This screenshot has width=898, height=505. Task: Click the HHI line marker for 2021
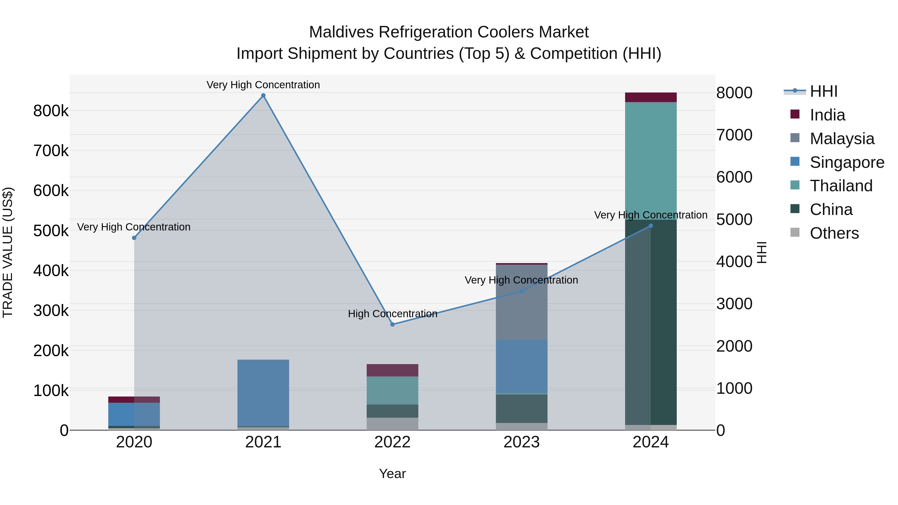(263, 96)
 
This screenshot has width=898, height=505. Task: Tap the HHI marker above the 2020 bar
(134, 238)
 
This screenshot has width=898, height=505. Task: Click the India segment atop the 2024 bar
(651, 97)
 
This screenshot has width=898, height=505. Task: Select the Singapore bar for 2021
(263, 393)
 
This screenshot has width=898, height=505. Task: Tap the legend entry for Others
(834, 233)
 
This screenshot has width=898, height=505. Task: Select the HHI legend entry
(823, 91)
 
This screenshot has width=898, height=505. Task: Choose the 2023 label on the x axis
(522, 442)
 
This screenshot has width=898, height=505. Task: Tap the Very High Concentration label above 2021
(263, 85)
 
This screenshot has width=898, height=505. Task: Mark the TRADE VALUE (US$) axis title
(8, 252)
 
